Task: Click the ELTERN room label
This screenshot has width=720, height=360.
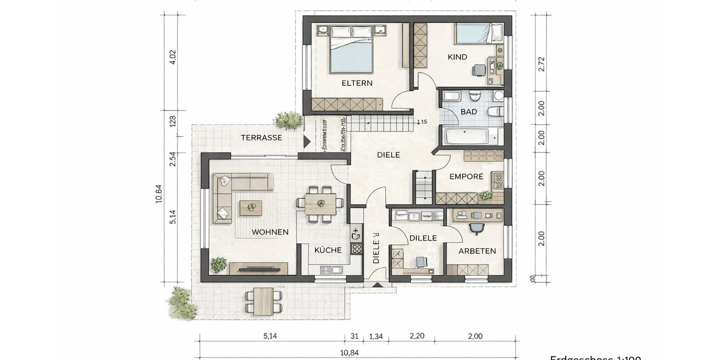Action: pos(357,83)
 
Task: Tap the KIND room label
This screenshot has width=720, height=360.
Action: pos(457,56)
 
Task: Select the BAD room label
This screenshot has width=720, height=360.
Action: pos(469,112)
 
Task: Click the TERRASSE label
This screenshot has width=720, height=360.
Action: pos(262,137)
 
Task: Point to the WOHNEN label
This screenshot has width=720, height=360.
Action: pos(270,232)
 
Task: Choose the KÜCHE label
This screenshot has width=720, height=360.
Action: pos(328,250)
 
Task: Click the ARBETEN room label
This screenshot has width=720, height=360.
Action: pos(477,251)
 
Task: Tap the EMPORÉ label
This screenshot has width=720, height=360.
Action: pos(467,177)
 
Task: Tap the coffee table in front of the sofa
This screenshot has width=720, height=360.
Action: pos(251,208)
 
